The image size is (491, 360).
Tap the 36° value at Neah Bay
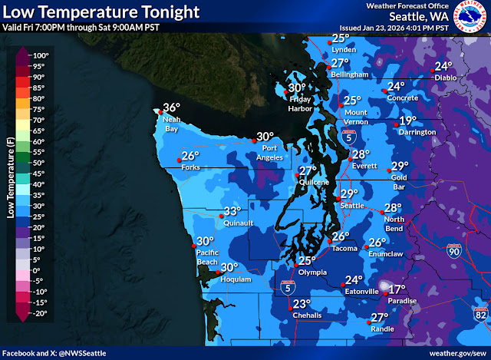(x=170, y=108)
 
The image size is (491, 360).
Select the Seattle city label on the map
(x=351, y=205)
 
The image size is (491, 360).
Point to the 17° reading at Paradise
(x=396, y=289)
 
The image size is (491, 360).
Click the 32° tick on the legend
(x=37, y=201)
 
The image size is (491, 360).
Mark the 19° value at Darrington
(x=407, y=121)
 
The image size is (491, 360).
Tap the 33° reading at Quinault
(x=232, y=212)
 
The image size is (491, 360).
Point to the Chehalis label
(x=306, y=315)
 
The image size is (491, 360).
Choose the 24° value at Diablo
(x=443, y=66)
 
